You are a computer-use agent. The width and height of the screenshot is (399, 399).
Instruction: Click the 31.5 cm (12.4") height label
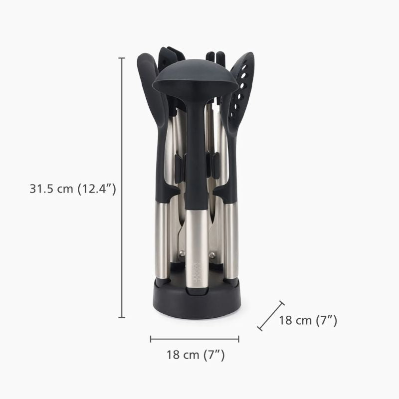(73, 189)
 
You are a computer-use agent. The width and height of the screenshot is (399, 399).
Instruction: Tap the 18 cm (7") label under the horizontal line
(195, 355)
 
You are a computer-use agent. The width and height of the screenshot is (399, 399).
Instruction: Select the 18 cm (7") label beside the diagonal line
(308, 320)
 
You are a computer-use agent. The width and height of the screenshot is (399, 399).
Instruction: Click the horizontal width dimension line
(195, 339)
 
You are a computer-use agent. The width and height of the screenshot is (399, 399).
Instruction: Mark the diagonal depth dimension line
(271, 315)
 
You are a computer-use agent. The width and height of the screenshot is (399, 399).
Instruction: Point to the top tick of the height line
(122, 58)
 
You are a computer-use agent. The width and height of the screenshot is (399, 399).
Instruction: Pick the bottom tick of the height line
(122, 317)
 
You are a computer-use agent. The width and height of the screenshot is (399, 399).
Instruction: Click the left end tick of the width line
(151, 339)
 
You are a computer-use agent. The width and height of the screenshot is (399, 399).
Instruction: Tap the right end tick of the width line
(238, 339)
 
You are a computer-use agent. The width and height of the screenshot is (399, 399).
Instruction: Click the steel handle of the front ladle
(195, 249)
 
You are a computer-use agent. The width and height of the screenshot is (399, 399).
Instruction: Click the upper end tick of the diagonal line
(282, 303)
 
